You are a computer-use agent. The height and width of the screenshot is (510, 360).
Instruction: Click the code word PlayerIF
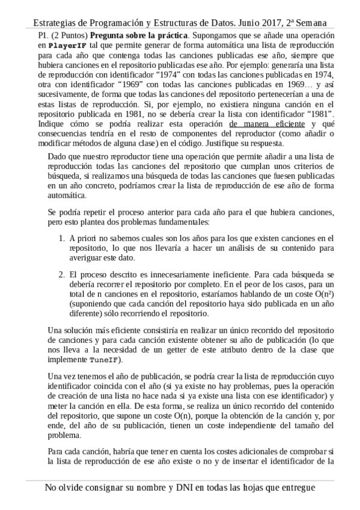coord(67,46)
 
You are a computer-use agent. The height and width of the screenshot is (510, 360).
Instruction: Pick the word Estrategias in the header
coord(58,22)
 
